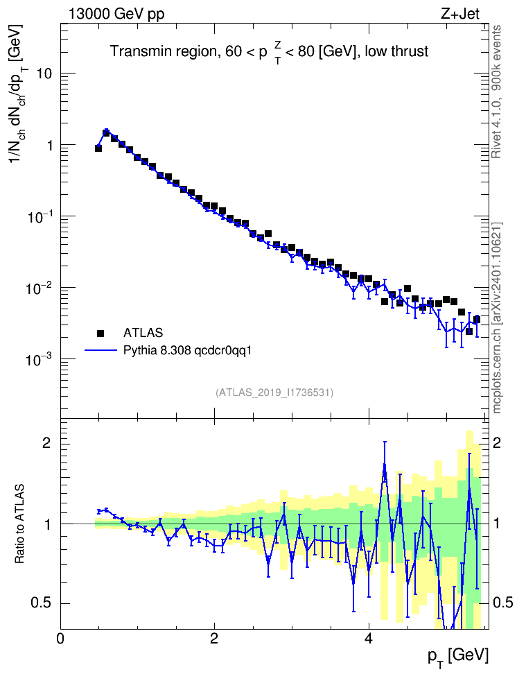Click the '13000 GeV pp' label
116,14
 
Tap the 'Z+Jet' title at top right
460,14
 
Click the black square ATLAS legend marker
100,333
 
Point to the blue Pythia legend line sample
100,350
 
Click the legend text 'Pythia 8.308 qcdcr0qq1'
187,351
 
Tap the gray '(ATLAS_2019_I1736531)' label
274,392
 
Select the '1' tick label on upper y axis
49,146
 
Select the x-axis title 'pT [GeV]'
458,657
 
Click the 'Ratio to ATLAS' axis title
19,524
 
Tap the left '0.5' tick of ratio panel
42,603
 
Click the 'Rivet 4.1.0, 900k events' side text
496,92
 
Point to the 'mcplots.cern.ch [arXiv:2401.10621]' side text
497,318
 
